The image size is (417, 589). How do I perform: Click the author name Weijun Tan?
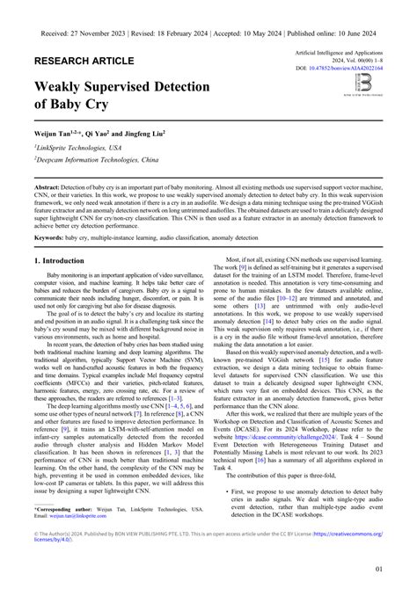point(59,132)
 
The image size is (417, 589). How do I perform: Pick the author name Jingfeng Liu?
point(157,132)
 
